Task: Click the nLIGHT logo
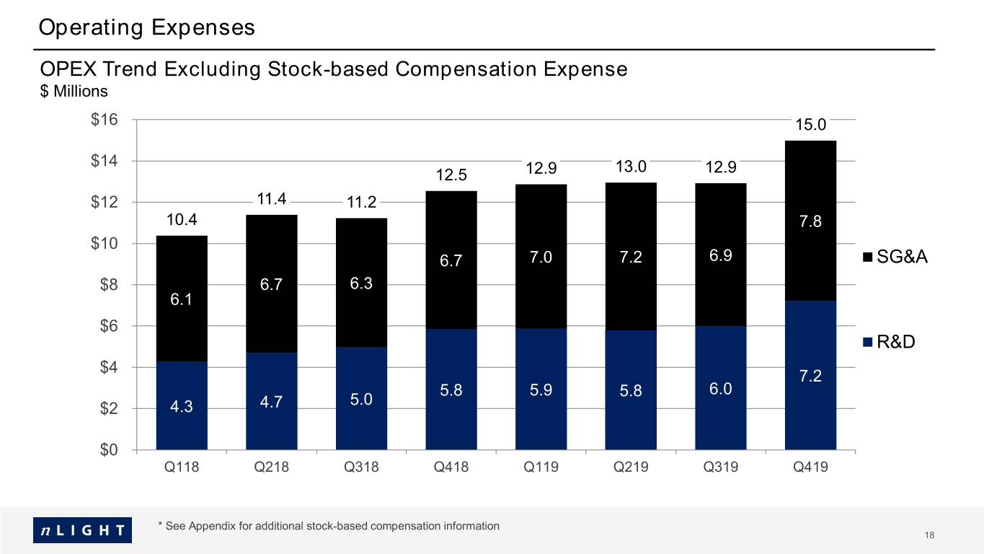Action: pyautogui.click(x=83, y=529)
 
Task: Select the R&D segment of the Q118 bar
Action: pyautogui.click(x=182, y=405)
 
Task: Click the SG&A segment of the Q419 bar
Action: pyautogui.click(x=810, y=221)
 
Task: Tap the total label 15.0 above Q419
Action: pyautogui.click(x=810, y=124)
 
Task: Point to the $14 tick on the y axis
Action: pyautogui.click(x=104, y=160)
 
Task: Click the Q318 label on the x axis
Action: pyautogui.click(x=361, y=467)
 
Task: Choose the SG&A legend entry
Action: pyautogui.click(x=895, y=256)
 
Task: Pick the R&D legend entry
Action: pyautogui.click(x=889, y=342)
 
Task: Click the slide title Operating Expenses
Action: pyautogui.click(x=147, y=27)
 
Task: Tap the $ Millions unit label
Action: pyautogui.click(x=74, y=91)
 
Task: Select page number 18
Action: pyautogui.click(x=929, y=535)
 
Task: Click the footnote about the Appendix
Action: pyautogui.click(x=329, y=526)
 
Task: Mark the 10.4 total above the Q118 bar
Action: pyautogui.click(x=182, y=219)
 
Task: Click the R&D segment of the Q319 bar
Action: pyautogui.click(x=720, y=388)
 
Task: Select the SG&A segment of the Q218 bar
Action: pyautogui.click(x=272, y=284)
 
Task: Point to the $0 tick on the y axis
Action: pyautogui.click(x=109, y=449)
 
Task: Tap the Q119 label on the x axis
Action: pyautogui.click(x=541, y=467)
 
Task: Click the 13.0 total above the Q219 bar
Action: pyautogui.click(x=631, y=167)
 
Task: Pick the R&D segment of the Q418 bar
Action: pyautogui.click(x=451, y=390)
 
